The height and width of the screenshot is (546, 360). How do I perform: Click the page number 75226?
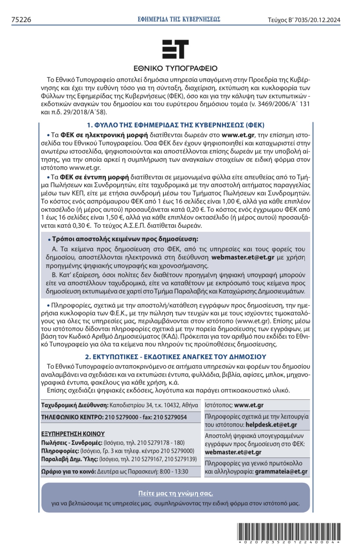click(21, 20)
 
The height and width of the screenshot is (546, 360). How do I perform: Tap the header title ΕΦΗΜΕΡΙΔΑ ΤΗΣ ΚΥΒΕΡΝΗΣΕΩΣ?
click(179, 19)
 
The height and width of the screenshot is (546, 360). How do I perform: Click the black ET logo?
click(175, 49)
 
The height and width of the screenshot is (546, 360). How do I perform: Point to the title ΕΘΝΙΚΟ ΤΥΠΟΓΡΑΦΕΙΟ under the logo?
click(175, 68)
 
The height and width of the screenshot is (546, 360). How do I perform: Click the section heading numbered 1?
click(175, 125)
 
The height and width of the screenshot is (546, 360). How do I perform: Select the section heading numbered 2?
click(175, 357)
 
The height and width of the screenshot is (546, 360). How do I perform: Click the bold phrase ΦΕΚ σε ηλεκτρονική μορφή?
click(104, 135)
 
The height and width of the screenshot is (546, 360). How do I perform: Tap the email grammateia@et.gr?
click(281, 471)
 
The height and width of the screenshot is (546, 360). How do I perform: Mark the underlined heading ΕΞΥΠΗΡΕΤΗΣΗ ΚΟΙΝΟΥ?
click(73, 434)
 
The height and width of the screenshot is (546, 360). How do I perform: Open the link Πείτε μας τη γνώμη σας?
click(175, 493)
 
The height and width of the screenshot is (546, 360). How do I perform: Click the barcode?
click(289, 532)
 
